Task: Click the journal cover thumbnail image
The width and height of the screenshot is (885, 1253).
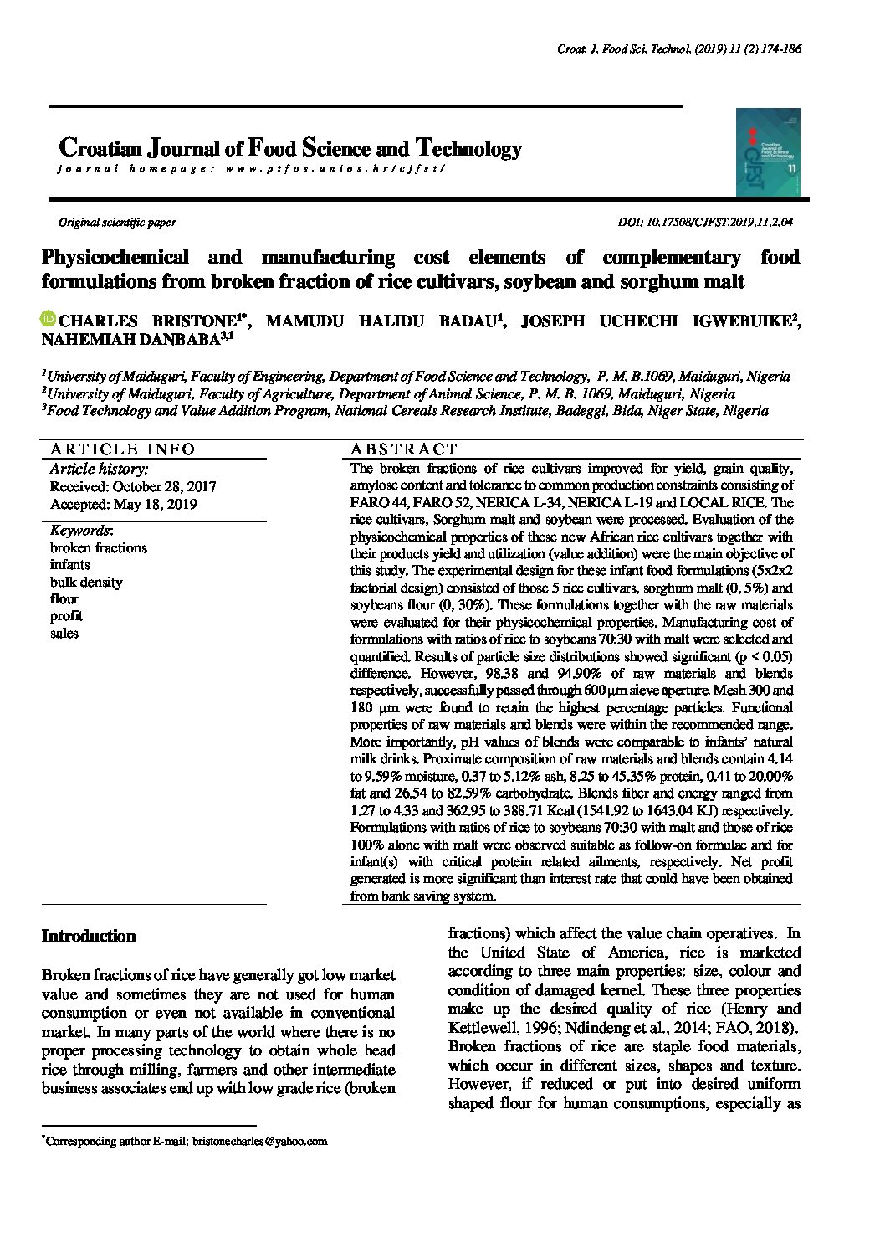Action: click(768, 152)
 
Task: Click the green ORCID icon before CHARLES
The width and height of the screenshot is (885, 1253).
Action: click(49, 319)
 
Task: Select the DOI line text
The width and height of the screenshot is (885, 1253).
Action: click(705, 223)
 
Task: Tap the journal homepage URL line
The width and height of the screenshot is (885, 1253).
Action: click(251, 168)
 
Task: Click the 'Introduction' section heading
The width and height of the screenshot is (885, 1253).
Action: click(89, 936)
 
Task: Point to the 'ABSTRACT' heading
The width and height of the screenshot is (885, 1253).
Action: click(405, 449)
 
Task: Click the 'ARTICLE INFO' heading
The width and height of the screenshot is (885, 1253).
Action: click(122, 449)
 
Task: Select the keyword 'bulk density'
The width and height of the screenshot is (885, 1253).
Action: click(86, 582)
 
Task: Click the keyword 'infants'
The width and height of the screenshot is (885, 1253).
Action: click(70, 565)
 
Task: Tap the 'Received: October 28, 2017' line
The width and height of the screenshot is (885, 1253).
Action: click(133, 486)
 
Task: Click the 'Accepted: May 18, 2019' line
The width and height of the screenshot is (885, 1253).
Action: click(123, 504)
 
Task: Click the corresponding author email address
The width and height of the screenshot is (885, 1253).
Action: click(259, 1141)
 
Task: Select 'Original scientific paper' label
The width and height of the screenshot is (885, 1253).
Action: click(116, 223)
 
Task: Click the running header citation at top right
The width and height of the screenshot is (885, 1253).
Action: click(679, 49)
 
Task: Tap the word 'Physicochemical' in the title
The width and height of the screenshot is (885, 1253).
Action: click(115, 257)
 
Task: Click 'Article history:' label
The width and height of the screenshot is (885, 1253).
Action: click(99, 469)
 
